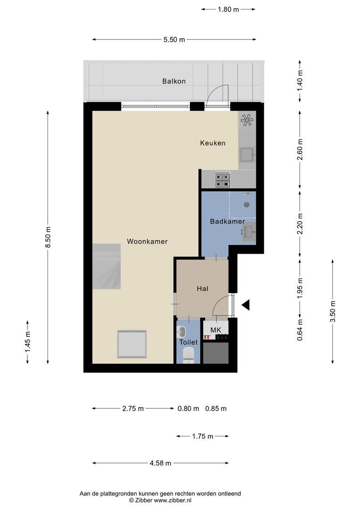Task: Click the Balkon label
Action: [x=174, y=81]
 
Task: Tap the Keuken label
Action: [x=213, y=143]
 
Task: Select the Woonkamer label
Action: [x=147, y=241]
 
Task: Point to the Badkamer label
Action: [x=227, y=222]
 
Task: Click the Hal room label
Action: [x=203, y=288]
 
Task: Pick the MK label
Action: [x=215, y=330]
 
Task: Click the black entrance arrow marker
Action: [x=246, y=305]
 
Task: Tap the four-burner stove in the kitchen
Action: [x=223, y=180]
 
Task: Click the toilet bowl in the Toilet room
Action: [x=188, y=355]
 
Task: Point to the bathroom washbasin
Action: [x=249, y=232]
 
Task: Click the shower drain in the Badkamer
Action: [x=247, y=205]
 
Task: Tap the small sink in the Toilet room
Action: [x=182, y=332]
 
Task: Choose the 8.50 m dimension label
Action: [x=48, y=237]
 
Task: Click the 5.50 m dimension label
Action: [x=174, y=40]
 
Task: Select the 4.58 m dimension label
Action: [x=160, y=463]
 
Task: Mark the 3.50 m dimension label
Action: [x=333, y=312]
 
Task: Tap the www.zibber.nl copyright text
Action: [x=160, y=501]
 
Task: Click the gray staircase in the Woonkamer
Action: [x=106, y=266]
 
